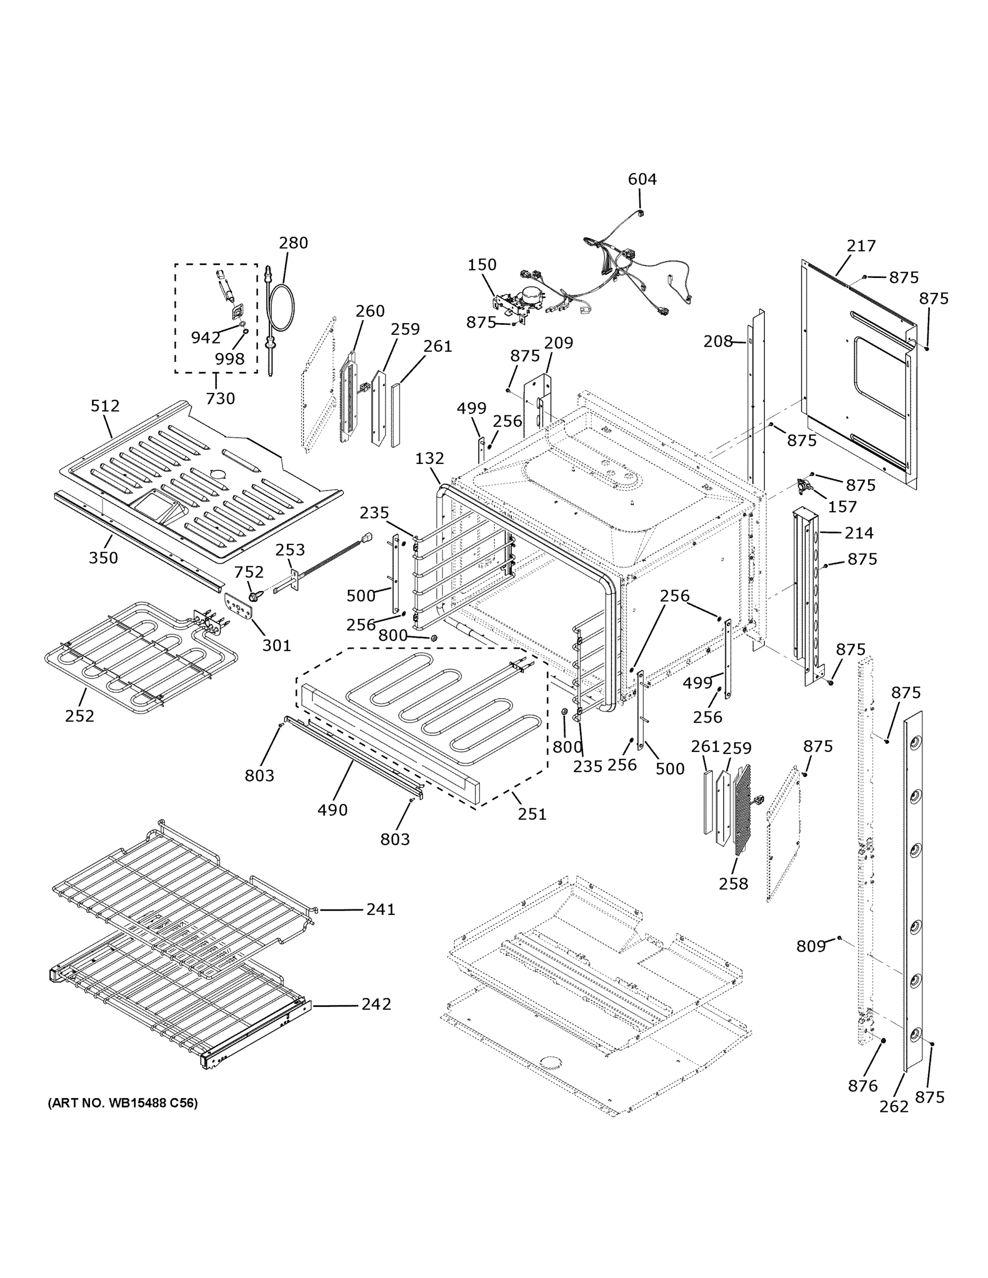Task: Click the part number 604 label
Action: point(642,179)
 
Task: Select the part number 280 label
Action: point(293,242)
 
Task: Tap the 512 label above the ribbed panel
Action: point(105,406)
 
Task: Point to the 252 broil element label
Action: point(79,716)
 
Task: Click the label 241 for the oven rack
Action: point(381,910)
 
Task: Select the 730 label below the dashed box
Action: point(221,398)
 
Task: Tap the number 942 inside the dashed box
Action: point(206,337)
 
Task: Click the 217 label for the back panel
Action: point(861,246)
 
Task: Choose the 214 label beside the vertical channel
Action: point(859,532)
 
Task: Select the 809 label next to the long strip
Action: point(811,946)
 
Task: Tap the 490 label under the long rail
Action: point(332,810)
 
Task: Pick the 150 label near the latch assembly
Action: point(481,265)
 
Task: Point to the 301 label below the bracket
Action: point(276,645)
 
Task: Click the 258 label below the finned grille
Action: point(733,883)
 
